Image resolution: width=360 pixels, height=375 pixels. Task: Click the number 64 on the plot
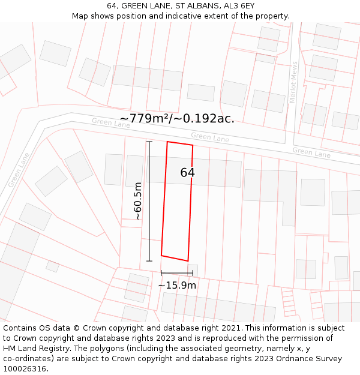[x=187, y=173]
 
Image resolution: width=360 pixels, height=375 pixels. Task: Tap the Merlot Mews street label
[x=294, y=82]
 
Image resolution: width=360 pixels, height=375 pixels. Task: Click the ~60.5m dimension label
[x=138, y=201]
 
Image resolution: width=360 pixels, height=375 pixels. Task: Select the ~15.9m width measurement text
[x=177, y=286]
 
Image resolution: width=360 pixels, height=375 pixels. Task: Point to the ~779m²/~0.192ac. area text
[x=177, y=119]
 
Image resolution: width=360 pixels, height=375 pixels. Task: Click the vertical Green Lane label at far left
[x=19, y=169]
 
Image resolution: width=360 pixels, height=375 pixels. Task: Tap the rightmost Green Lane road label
[x=311, y=152]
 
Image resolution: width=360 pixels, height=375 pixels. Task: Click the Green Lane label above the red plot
[x=210, y=138]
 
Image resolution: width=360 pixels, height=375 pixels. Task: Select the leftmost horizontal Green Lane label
[x=110, y=122]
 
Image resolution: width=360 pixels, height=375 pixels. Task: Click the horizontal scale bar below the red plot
[x=177, y=274]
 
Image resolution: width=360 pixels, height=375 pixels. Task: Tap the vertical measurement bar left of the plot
[x=149, y=201]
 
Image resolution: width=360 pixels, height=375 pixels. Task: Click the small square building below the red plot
[x=193, y=269]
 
